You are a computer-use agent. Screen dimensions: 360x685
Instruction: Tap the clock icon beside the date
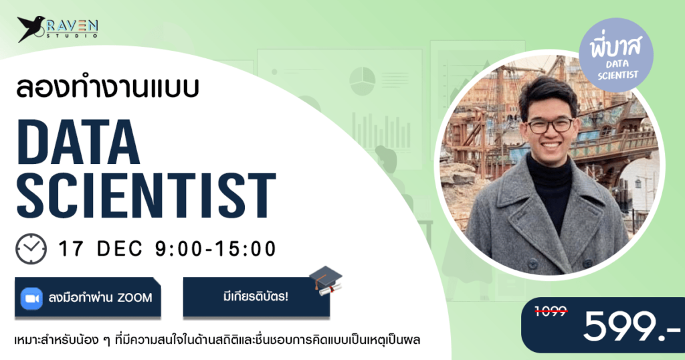click(31, 248)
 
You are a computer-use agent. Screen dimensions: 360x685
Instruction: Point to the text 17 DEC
click(101, 249)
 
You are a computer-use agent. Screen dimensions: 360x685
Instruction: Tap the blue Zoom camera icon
click(31, 297)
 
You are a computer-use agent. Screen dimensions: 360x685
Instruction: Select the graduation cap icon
click(326, 281)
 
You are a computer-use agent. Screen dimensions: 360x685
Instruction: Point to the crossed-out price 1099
click(552, 312)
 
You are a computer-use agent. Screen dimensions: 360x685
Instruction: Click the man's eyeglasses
click(550, 124)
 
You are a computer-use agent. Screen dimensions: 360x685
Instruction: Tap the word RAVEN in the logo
click(76, 25)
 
